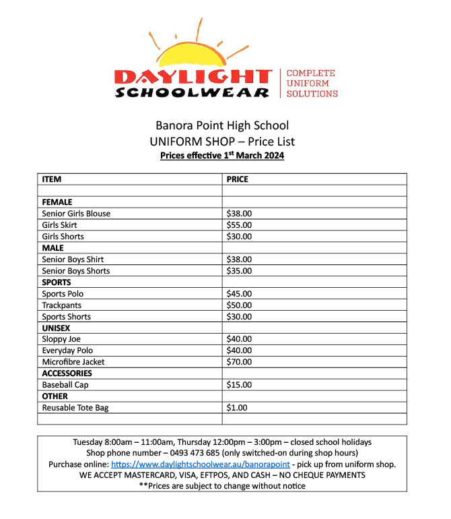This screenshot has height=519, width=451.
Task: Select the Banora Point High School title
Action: [222, 125]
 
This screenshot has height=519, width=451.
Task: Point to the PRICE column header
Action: [238, 179]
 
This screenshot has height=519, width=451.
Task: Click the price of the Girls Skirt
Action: [240, 225]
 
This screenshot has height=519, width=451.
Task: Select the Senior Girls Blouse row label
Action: [76, 214]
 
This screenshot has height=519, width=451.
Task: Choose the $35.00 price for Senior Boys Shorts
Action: [240, 271]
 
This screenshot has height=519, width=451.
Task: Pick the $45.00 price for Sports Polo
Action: [240, 294]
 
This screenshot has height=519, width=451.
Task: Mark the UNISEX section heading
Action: [56, 328]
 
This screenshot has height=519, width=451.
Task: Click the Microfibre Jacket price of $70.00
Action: [240, 362]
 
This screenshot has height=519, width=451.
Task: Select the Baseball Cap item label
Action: [65, 385]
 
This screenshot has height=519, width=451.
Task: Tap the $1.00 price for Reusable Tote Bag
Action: [237, 408]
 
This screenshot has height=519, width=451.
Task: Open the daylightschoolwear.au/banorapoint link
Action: [201, 464]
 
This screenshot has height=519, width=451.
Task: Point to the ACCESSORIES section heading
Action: [67, 373]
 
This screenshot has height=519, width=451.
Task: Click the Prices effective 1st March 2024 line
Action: [222, 156]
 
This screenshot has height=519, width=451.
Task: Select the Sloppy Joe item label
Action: [61, 339]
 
